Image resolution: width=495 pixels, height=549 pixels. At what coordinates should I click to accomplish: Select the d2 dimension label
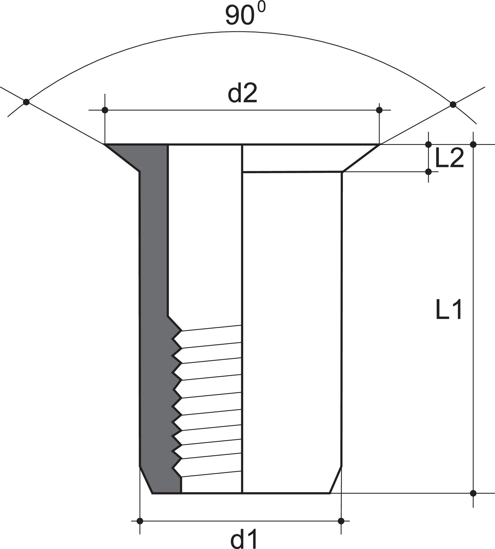(242, 94)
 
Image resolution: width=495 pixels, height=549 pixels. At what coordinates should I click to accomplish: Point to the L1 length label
(448, 309)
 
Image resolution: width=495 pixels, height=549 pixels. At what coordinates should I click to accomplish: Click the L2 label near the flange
(449, 158)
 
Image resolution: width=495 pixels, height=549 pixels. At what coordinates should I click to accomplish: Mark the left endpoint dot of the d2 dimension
(105, 110)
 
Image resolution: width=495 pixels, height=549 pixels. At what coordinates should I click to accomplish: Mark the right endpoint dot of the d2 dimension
(379, 110)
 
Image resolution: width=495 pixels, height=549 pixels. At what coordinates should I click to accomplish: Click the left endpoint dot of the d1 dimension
(140, 521)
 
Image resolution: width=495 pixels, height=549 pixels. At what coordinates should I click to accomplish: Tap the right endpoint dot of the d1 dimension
(341, 521)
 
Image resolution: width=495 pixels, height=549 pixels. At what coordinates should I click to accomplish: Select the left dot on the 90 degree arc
(26, 102)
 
